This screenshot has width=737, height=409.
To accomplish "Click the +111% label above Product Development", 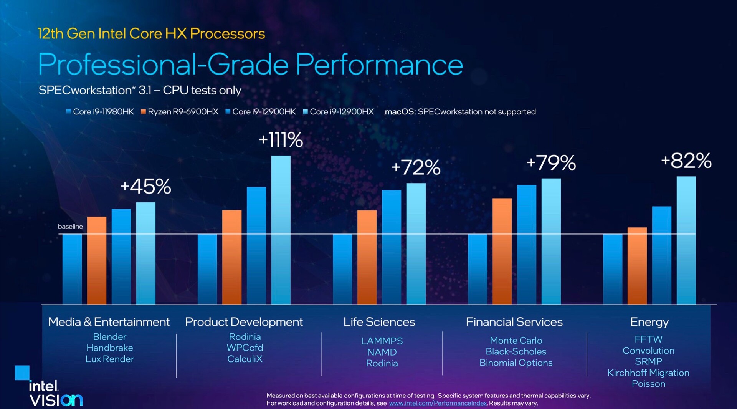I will (281, 140).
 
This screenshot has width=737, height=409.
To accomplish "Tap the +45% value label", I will (145, 187).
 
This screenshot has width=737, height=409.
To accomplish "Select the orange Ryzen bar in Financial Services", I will (502, 251).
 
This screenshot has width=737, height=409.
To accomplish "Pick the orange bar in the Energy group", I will (637, 266).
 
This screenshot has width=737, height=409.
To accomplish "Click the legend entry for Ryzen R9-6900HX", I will (179, 112).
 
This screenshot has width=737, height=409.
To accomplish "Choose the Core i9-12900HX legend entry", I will (338, 112).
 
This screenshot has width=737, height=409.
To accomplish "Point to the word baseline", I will (70, 227).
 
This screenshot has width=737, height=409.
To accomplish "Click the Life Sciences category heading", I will (379, 322).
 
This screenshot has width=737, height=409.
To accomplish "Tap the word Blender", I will (109, 337).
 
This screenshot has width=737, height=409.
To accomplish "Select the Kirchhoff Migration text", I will (648, 373).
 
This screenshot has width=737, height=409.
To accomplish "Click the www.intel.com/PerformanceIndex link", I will (438, 403).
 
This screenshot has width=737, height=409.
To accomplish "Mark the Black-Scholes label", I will (516, 351).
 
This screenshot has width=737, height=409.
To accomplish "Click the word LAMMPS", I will (382, 341).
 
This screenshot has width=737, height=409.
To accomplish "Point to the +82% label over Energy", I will (686, 161).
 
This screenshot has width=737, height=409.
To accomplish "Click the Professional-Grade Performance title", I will (250, 65).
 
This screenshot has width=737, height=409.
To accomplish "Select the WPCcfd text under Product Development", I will (245, 348).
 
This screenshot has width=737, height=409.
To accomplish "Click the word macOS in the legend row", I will (400, 112).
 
